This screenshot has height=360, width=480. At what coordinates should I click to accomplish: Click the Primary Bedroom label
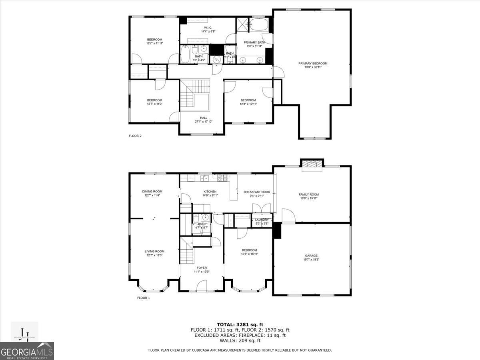(313, 63)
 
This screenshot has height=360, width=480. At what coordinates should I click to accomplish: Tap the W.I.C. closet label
(208, 27)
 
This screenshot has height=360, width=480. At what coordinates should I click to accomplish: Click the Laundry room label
(262, 220)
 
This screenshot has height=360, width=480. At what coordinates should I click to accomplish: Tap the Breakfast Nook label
(257, 192)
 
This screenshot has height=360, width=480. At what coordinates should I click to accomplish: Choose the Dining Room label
(152, 191)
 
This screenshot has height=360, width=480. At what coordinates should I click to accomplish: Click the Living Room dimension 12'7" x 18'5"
(154, 255)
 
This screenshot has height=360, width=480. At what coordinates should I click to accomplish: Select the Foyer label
(202, 268)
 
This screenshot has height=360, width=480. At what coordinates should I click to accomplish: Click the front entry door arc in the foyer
(202, 285)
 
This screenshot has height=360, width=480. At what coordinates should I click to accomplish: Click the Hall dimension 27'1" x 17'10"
(204, 122)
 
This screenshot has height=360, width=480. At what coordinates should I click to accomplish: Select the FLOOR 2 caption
(135, 136)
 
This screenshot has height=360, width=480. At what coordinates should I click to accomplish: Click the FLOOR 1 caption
(143, 298)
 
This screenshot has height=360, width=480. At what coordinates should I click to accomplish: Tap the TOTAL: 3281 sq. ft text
(240, 324)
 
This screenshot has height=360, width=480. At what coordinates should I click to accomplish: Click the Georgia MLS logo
(27, 351)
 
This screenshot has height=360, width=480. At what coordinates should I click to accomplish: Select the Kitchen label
(210, 192)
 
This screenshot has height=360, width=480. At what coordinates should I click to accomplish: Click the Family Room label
(309, 194)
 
